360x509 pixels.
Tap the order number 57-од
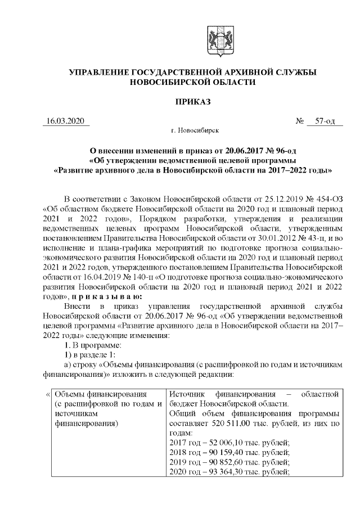pos(325,121)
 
